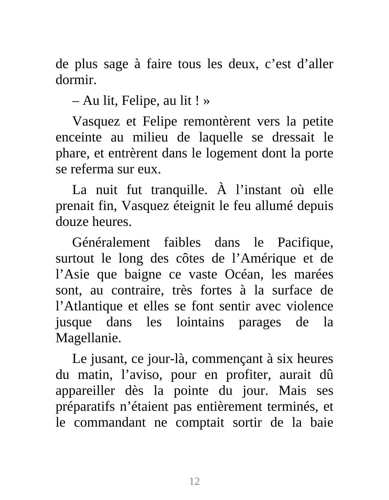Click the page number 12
(194, 481)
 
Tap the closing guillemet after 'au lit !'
(206, 101)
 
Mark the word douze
(71, 222)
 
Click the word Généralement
(111, 243)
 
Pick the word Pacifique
(305, 243)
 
